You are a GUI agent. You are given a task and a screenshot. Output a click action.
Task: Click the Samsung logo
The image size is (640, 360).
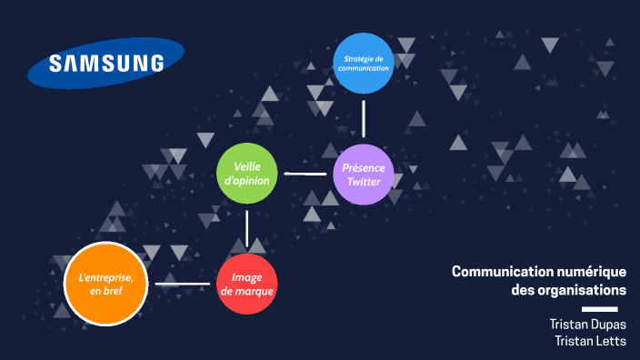click(x=95, y=64)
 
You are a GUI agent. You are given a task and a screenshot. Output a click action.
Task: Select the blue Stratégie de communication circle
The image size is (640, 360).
click(x=364, y=64)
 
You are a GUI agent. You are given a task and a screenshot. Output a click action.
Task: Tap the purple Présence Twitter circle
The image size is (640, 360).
click(x=364, y=175)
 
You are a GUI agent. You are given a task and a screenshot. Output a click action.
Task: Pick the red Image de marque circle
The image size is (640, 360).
click(x=247, y=285)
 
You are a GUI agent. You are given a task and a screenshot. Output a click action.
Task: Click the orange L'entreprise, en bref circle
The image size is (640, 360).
click(x=106, y=284)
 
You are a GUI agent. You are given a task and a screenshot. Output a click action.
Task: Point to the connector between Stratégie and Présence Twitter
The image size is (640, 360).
click(x=364, y=118)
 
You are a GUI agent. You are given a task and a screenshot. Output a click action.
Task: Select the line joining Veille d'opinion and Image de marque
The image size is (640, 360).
click(x=247, y=228)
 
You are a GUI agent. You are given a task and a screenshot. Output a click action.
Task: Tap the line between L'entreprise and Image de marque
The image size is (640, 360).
click(x=182, y=285)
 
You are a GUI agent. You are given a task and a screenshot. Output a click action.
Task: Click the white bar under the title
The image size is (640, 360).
click(x=612, y=309)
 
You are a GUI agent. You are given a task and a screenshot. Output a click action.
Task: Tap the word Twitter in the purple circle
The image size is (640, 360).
click(x=364, y=182)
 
